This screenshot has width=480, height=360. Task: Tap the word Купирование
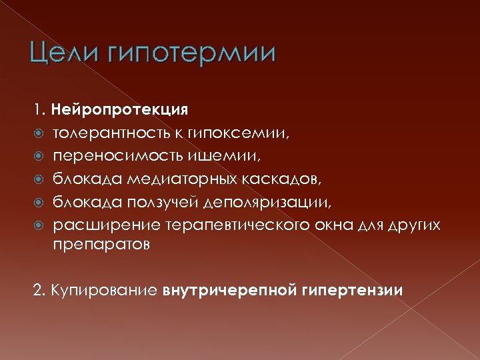point(103,290)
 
